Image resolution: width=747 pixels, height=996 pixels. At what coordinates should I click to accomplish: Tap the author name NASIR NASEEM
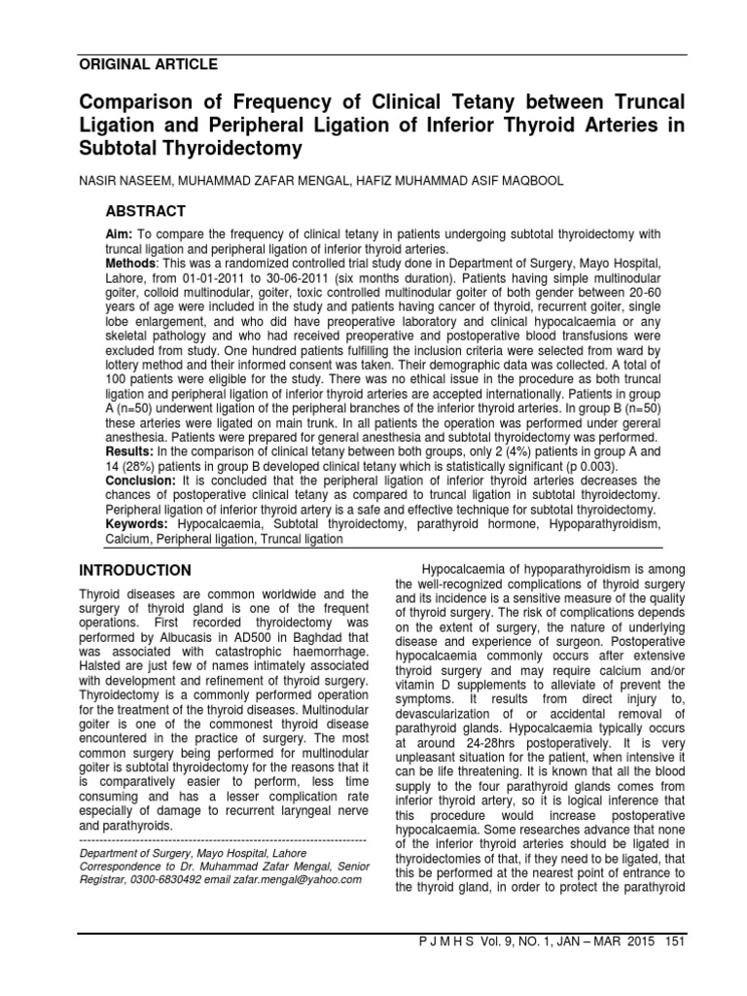(124, 181)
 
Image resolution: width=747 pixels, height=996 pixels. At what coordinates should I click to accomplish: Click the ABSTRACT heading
(146, 211)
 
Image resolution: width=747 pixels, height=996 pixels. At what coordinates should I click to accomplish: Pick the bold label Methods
(131, 264)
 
